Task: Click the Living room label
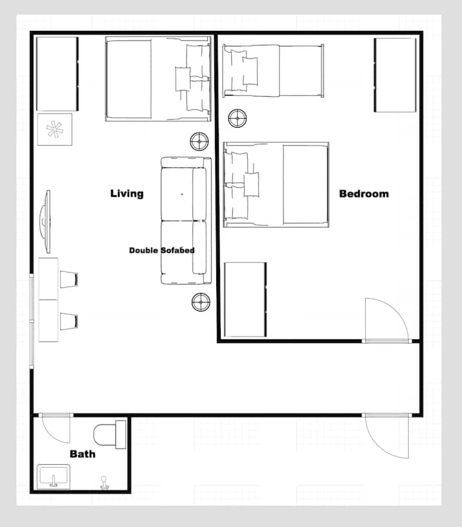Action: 127,194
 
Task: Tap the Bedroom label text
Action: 364,194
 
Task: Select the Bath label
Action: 82,454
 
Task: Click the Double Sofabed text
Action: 162,251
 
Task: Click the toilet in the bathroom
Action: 110,434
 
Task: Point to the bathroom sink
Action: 53,476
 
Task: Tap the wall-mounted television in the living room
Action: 46,221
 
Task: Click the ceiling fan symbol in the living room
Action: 55,130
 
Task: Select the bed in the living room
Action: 158,79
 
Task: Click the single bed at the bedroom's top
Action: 273,71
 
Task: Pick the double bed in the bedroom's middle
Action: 276,185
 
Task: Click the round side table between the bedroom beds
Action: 237,118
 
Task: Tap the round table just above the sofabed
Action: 199,142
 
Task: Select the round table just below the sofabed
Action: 201,302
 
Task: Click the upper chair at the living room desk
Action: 69,280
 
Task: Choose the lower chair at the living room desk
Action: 69,321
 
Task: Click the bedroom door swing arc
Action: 397,308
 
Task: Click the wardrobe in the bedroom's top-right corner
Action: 395,75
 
